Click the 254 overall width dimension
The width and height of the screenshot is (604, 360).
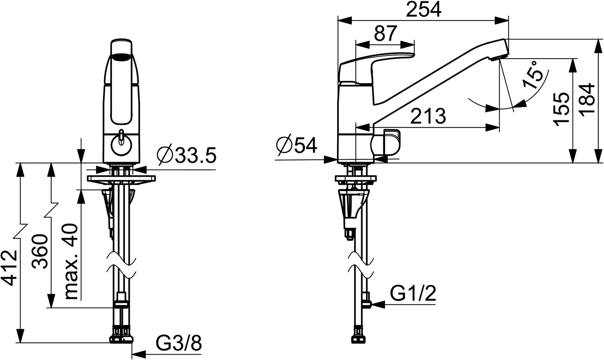tap(424, 9)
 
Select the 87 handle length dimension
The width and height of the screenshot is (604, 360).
tap(385, 33)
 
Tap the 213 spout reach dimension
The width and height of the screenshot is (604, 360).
tap(428, 116)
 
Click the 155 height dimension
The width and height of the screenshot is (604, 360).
tap(561, 109)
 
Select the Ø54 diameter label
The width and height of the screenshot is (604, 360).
tap(297, 145)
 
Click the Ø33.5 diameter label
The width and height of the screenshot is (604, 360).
tap(187, 155)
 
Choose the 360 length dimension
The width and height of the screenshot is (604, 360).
tap(40, 252)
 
